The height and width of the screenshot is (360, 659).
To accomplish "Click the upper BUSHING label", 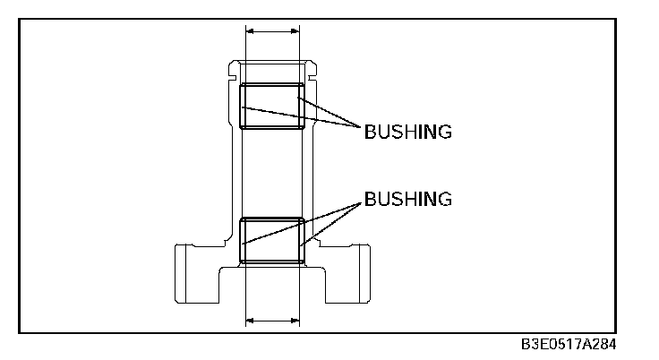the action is [407, 133].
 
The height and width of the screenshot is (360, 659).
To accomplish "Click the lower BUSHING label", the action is [407, 198].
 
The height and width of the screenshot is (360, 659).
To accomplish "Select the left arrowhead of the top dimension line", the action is [250, 31].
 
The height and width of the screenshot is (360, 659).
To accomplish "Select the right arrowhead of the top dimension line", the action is [295, 31].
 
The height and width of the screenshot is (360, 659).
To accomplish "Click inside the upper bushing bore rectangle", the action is [272, 106].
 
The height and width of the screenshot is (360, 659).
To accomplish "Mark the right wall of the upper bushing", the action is [302, 106].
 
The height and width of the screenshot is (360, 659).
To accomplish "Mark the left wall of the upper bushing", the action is [242, 106].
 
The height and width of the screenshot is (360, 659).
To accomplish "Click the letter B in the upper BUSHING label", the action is [369, 133].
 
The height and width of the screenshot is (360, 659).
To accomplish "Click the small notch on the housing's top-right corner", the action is [312, 64].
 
